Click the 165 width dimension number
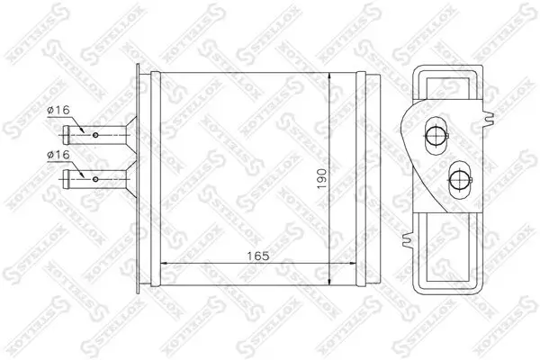pos(258,255)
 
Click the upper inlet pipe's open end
pos(65,135)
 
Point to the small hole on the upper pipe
pos(95,135)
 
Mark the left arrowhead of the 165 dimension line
pos(165,264)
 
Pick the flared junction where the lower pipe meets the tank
pos(131,171)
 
